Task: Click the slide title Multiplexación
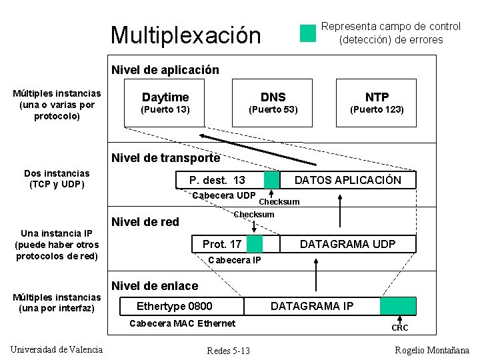point(185,35)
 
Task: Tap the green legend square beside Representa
point(307,33)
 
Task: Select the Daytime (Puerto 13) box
point(166,103)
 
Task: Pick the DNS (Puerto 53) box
point(273,103)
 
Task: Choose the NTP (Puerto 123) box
point(377,103)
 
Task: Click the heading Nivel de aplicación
point(165,69)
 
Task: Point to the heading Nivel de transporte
point(165,158)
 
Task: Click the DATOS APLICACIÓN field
point(348,180)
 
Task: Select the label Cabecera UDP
point(223,195)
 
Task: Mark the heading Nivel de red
point(145,222)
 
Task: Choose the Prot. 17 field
point(222,244)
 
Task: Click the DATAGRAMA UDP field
point(347,244)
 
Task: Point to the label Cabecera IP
point(235,260)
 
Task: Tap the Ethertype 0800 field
point(174,306)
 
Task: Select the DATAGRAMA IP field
point(312,306)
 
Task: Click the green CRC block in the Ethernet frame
point(398,306)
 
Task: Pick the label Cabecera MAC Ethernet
point(182,323)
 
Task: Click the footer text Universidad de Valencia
point(57,349)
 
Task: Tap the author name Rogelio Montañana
point(432,350)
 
